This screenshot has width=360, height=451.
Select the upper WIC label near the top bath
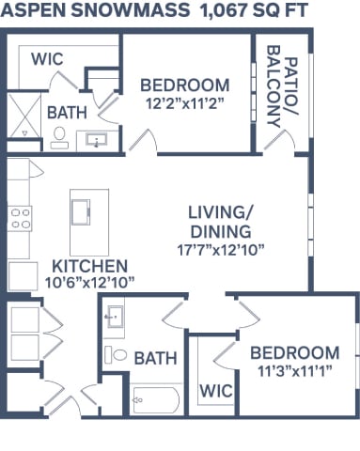pos(47,58)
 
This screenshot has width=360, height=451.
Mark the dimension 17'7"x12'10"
pos(219,249)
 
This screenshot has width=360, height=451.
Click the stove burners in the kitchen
pos(20,218)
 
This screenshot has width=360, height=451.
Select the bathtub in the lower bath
pos(155,401)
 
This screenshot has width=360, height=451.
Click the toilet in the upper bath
pos(60,138)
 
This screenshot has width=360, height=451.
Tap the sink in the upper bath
pos(96,140)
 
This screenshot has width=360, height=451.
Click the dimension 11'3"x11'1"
pos(294,370)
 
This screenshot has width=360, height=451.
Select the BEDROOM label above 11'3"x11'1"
pos(294,352)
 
